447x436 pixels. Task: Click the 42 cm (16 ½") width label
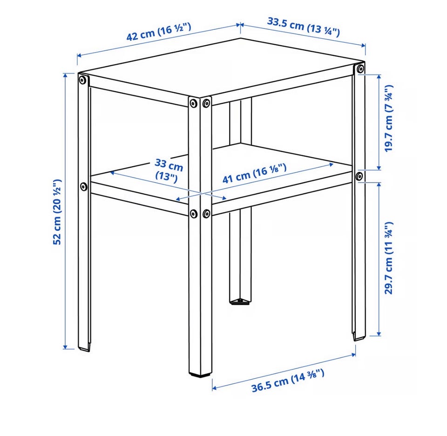click(x=158, y=32)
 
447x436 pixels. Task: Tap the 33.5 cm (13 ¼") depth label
click(x=303, y=27)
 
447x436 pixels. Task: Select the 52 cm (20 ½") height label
click(x=57, y=211)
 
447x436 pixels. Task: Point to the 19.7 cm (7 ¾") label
click(x=388, y=118)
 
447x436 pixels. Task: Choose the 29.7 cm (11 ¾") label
click(x=388, y=258)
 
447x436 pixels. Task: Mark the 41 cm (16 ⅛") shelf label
click(x=254, y=173)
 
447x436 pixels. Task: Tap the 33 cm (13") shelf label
click(x=168, y=170)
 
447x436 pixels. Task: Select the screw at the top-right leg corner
click(x=360, y=69)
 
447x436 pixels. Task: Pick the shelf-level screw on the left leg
click(x=83, y=187)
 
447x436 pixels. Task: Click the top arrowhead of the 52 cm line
click(x=65, y=75)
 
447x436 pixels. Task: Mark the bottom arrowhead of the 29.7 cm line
click(x=379, y=333)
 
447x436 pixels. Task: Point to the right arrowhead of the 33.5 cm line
click(x=363, y=45)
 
